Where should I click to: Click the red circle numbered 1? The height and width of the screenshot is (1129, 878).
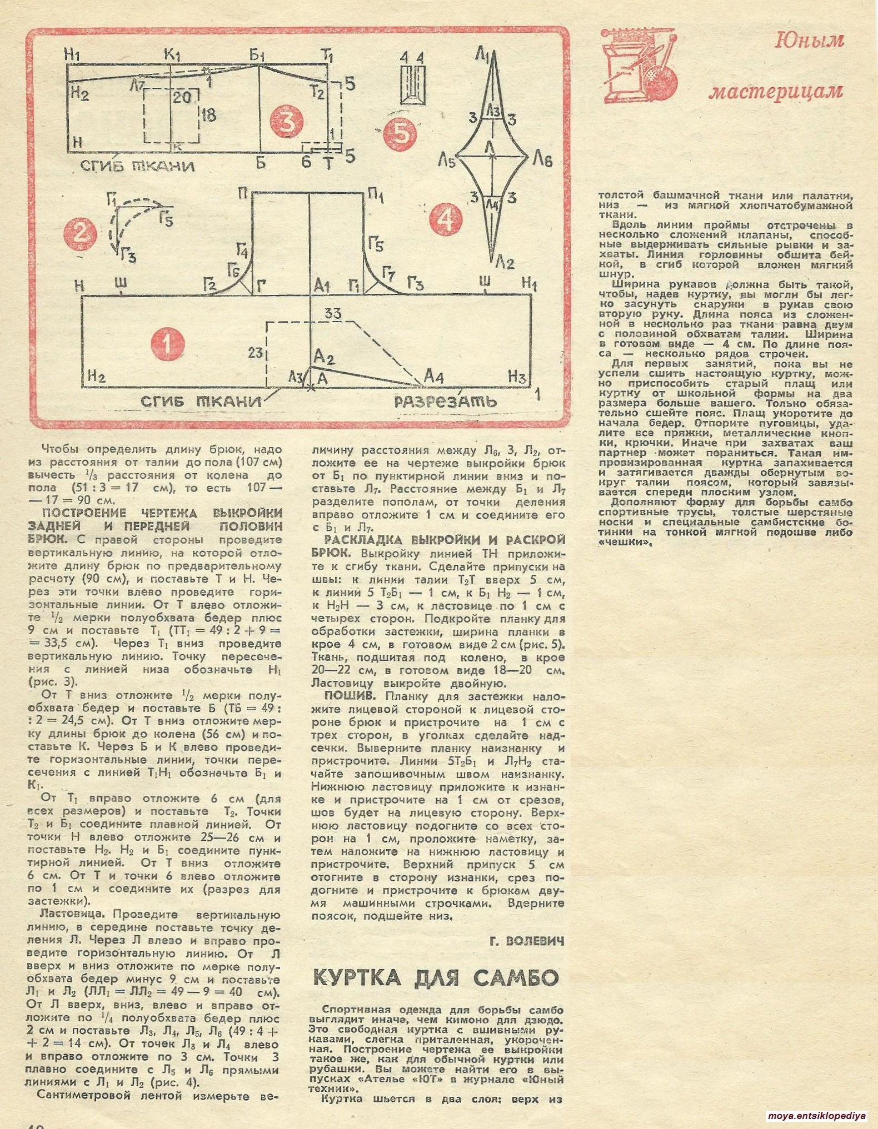pos(166,344)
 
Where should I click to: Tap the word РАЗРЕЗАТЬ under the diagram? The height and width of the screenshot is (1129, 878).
pos(446,401)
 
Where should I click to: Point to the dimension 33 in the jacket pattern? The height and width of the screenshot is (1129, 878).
pos(333,314)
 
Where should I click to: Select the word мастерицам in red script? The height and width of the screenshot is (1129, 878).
pos(776,91)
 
